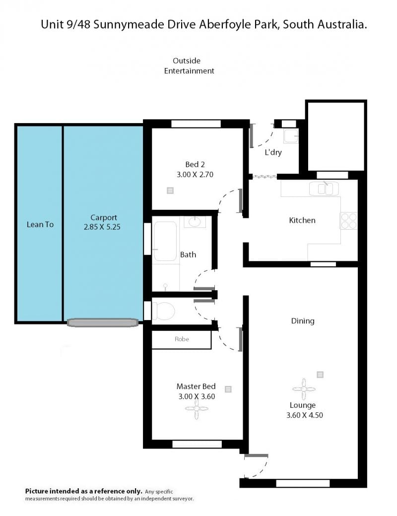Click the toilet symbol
coord(163,311)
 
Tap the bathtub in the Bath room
coord(165,241)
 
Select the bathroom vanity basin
coord(195,221)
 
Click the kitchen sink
coord(324,189)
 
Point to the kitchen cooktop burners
coord(348,221)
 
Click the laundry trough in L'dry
coord(291,136)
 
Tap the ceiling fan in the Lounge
coord(304,389)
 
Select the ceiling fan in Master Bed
coord(197,409)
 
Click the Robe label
coord(182,339)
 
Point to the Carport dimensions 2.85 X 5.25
coord(102,227)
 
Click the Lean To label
coord(40,224)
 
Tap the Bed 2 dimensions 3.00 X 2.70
coord(195,175)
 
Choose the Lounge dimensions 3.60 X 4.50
coord(305,415)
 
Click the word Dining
coord(303,321)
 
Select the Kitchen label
coord(302,220)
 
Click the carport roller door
coord(103,322)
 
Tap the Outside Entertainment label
coord(189,66)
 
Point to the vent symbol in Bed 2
coord(170,190)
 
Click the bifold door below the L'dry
coord(265,177)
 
